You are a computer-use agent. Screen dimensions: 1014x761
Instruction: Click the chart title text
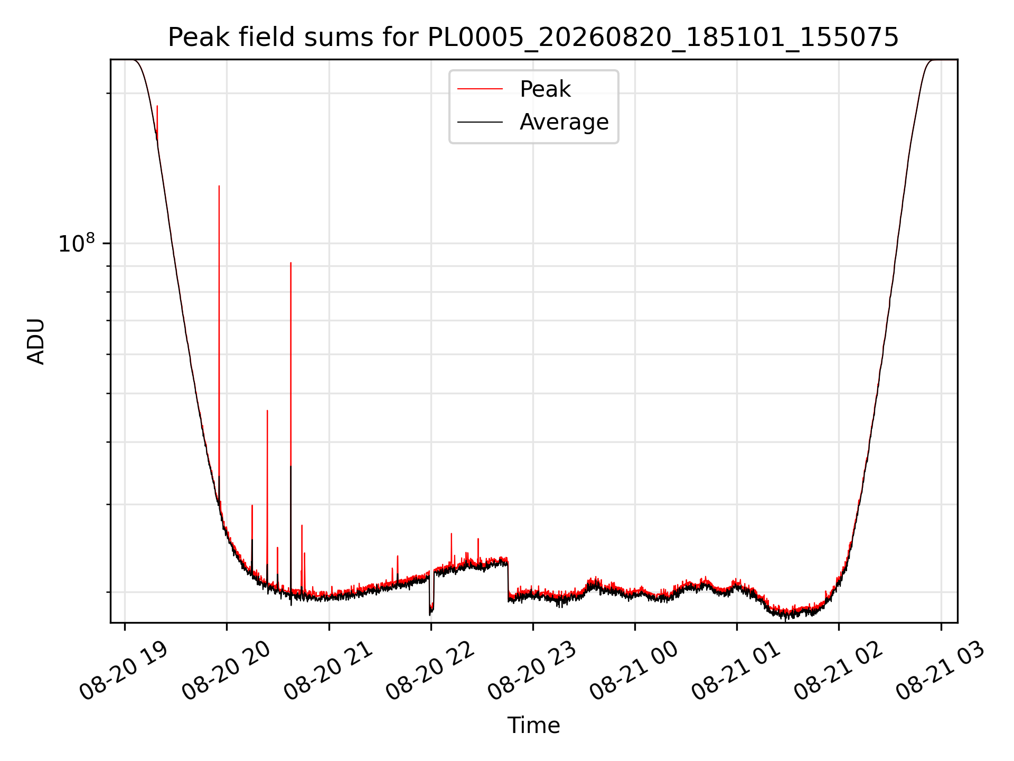coord(533,38)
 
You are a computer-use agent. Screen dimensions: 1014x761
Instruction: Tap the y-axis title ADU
coord(36,341)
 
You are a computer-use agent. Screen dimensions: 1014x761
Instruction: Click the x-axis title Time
coord(533,725)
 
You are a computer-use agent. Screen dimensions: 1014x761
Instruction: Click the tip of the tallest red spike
coord(219,186)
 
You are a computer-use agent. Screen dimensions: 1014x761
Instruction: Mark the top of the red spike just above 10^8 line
coord(290,263)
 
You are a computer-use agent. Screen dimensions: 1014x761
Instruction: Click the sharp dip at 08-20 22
coord(430,615)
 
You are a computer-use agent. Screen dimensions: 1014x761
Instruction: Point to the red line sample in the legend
coord(480,89)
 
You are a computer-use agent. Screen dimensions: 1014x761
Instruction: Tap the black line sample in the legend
coord(480,122)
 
